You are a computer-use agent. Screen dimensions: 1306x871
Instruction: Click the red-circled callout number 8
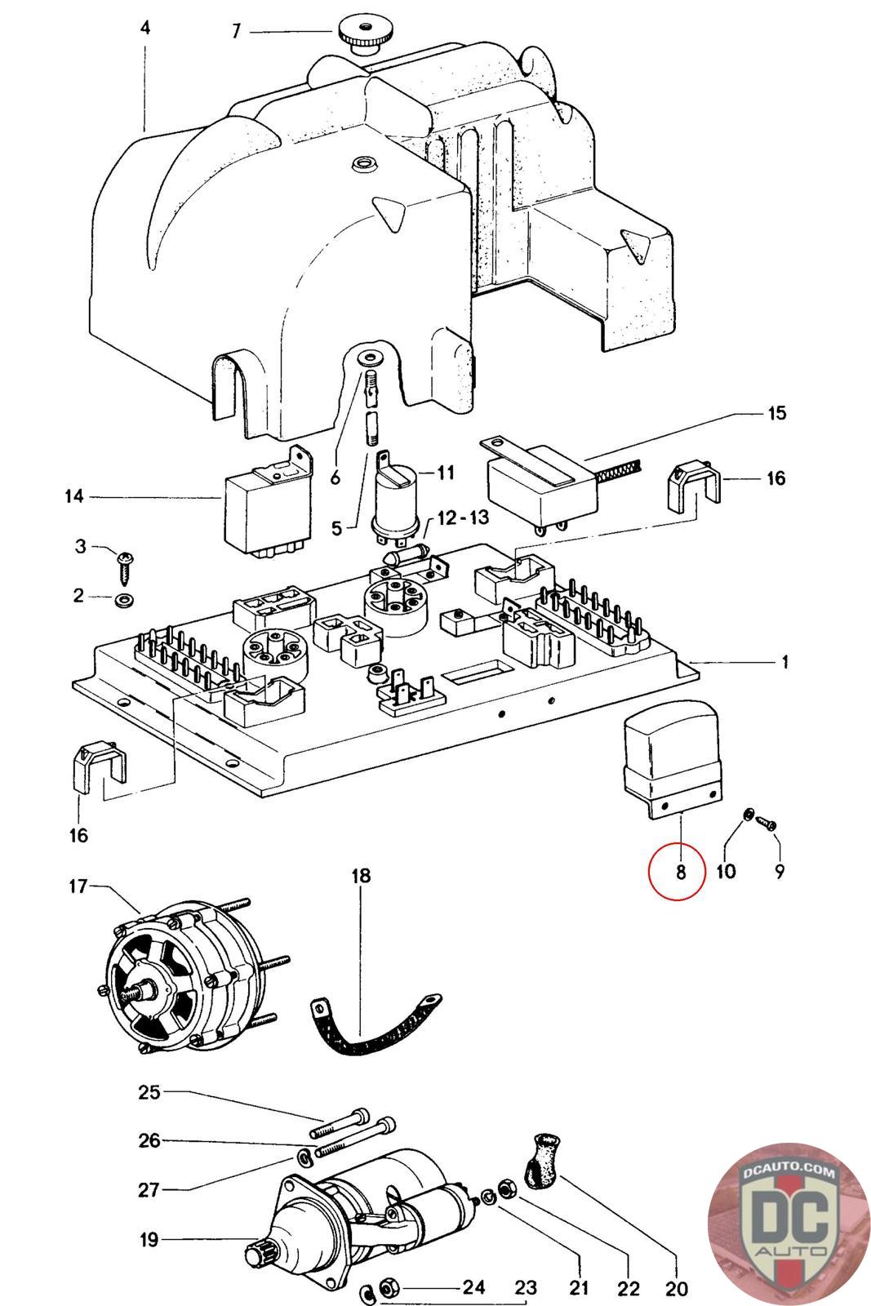[680, 871]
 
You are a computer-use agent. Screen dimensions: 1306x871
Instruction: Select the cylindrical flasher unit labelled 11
[397, 499]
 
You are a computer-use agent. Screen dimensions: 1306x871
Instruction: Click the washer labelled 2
[125, 602]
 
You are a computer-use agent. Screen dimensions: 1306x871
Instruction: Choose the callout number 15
[777, 413]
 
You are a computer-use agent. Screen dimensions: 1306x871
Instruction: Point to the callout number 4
[145, 28]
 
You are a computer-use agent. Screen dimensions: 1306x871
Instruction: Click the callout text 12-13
[464, 518]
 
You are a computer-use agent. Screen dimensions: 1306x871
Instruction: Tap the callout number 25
[149, 1092]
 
